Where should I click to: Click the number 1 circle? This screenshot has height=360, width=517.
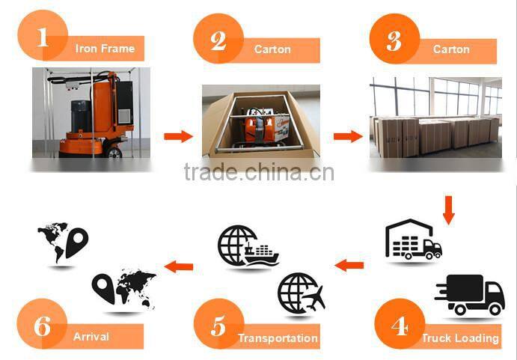click(42, 37)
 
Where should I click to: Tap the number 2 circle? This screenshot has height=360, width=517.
click(218, 39)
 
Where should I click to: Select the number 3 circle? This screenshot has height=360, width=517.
click(394, 39)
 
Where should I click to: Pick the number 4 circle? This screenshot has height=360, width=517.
click(399, 327)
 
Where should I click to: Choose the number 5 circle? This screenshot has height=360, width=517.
click(218, 327)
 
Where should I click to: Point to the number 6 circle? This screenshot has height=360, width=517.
click(42, 327)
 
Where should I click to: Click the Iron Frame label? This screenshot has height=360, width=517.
click(105, 49)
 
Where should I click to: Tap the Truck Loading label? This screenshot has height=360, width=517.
click(459, 338)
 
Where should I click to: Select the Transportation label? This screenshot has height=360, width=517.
click(278, 338)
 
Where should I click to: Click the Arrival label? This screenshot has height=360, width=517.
click(91, 337)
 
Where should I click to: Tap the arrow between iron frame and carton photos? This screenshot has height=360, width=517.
click(178, 136)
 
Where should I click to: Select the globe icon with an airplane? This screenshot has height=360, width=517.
click(300, 292)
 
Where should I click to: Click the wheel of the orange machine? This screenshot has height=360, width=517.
click(113, 152)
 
